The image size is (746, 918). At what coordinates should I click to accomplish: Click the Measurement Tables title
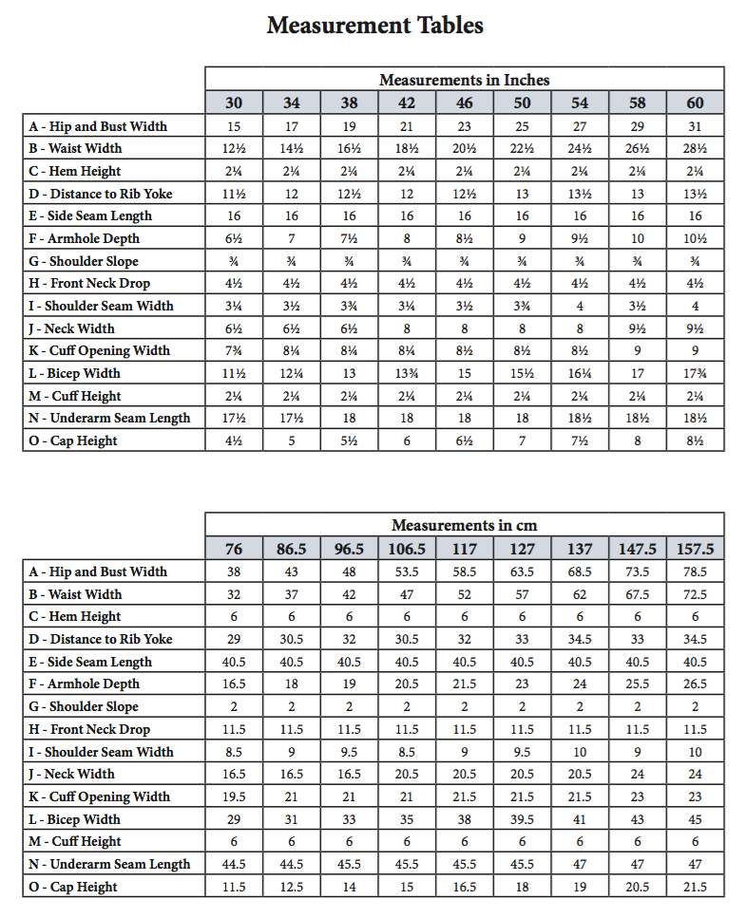point(374,26)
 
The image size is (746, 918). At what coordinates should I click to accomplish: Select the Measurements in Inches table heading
point(464,80)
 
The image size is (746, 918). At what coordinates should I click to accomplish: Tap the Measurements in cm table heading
point(464,525)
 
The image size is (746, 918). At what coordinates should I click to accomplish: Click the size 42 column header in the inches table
point(407,103)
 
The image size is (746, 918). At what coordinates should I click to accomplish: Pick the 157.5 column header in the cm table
point(695,549)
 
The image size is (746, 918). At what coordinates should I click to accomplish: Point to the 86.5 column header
point(292,549)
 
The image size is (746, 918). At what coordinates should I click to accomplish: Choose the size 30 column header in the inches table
point(234,103)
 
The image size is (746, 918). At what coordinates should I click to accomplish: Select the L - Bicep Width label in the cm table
point(75,819)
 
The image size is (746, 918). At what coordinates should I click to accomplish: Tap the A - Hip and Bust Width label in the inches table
point(98,126)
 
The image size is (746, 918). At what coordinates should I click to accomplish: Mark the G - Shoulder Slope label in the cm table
point(84,706)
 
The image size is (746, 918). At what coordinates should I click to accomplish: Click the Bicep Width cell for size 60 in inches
point(695,373)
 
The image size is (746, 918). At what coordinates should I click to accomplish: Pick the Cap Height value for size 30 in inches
point(234,440)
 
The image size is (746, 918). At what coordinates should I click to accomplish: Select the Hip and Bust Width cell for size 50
point(522,126)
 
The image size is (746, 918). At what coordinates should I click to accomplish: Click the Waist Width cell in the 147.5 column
point(637,594)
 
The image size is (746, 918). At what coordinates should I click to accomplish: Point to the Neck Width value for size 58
point(637,328)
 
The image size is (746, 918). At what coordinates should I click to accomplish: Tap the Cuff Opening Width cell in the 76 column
point(234,796)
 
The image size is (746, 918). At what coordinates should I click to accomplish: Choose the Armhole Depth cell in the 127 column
point(522,684)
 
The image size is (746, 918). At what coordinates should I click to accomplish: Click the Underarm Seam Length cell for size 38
point(349,418)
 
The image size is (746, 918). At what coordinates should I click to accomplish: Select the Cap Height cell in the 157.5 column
point(695,887)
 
